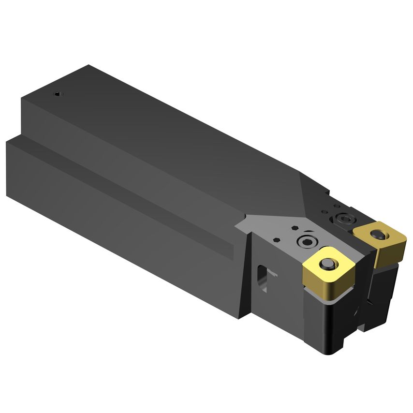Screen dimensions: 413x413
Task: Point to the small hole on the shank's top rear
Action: (58, 94)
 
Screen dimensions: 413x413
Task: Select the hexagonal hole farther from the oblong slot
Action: (293, 227)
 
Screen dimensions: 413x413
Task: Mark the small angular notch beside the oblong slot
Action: (274, 276)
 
